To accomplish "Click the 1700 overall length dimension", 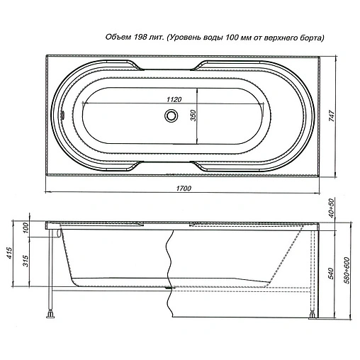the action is pos(184,189).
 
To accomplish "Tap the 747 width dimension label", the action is pos(332,116).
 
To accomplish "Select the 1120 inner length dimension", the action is pos(174,99).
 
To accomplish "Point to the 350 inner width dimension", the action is pos(193,116).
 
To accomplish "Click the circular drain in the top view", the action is pos(171,116).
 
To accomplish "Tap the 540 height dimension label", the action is pos(331,274).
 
